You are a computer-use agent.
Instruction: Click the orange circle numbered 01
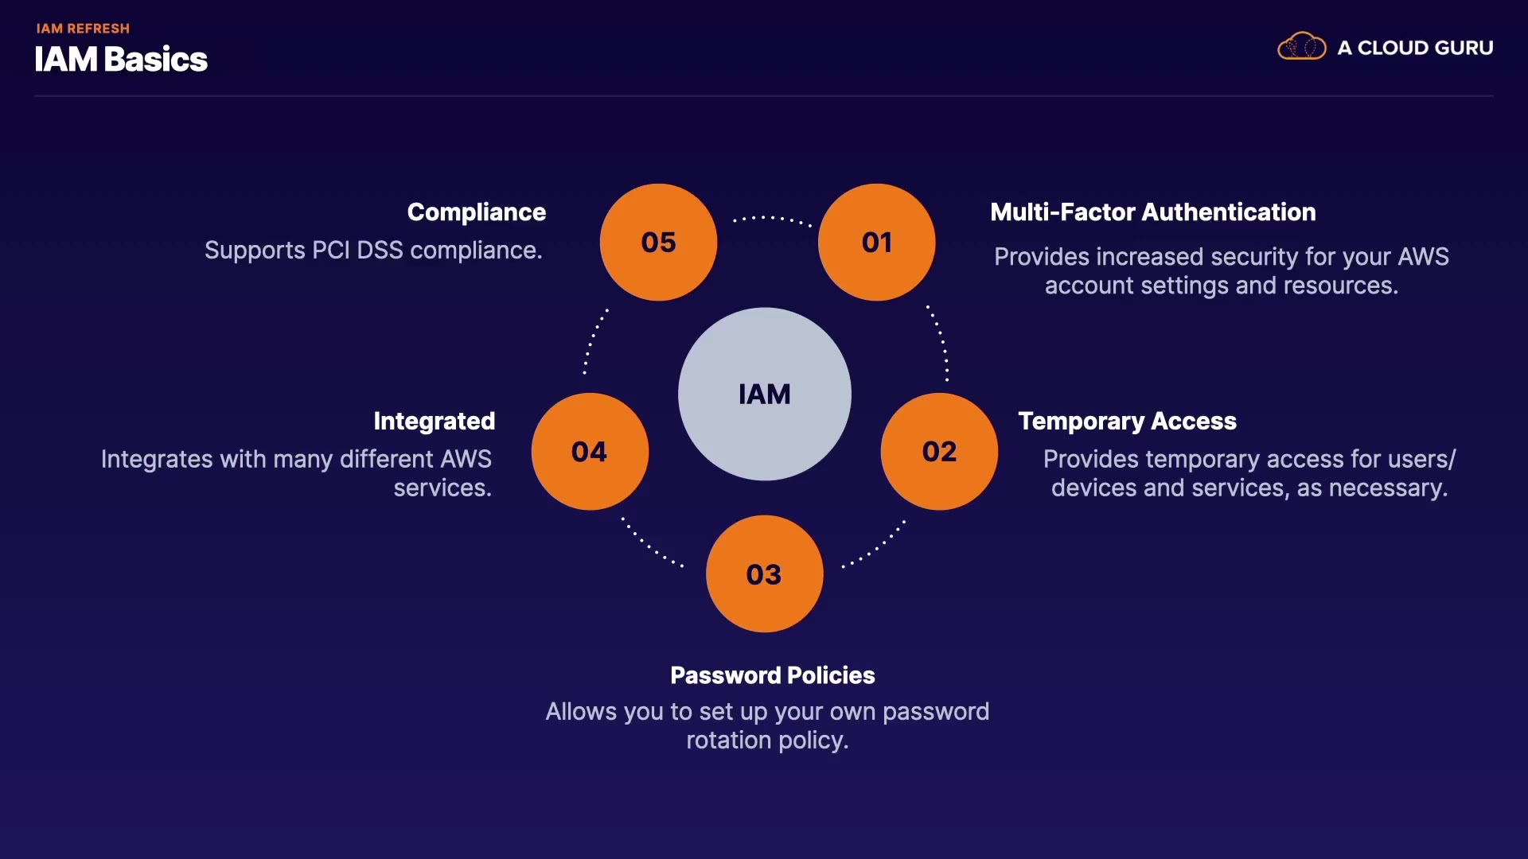pyautogui.click(x=876, y=242)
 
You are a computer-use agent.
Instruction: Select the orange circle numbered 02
pyautogui.click(x=939, y=451)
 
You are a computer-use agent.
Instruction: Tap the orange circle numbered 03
pyautogui.click(x=764, y=573)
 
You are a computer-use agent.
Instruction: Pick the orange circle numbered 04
pyautogui.click(x=590, y=451)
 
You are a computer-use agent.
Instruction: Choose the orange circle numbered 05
pyautogui.click(x=658, y=242)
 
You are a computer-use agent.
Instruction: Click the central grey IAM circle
pyautogui.click(x=764, y=394)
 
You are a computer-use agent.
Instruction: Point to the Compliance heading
pyautogui.click(x=476, y=212)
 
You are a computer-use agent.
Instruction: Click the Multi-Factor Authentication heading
pyautogui.click(x=1152, y=212)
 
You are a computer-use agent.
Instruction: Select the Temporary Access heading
pyautogui.click(x=1127, y=421)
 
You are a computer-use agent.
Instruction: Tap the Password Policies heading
pyautogui.click(x=772, y=675)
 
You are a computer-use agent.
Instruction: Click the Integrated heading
pyautogui.click(x=434, y=421)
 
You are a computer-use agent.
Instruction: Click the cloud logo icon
pyautogui.click(x=1301, y=47)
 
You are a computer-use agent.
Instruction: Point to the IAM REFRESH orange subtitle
pyautogui.click(x=83, y=29)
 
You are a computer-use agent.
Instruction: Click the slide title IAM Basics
pyautogui.click(x=121, y=60)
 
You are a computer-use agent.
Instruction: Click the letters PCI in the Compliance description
pyautogui.click(x=330, y=250)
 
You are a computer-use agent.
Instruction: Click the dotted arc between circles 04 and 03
pyautogui.click(x=651, y=545)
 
